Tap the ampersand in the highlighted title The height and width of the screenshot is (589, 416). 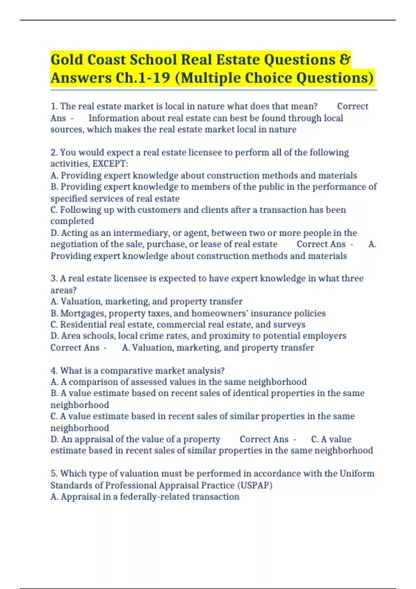click(x=345, y=60)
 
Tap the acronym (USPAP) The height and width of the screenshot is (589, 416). click(x=255, y=485)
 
